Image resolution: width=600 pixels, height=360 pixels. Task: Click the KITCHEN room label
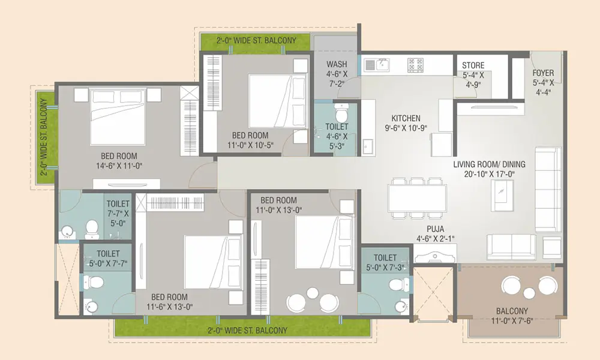coord(406,118)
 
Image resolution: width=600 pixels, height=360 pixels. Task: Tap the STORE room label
coord(473,65)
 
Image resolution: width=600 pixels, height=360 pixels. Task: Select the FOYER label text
coord(543,73)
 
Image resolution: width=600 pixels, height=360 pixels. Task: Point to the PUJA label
coord(436,229)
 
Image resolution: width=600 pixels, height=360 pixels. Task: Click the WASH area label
coord(337,64)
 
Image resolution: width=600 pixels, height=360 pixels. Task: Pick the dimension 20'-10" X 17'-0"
coord(489,174)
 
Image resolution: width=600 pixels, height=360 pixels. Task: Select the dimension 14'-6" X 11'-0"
coord(119,166)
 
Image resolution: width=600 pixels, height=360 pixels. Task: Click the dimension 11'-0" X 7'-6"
coord(512,320)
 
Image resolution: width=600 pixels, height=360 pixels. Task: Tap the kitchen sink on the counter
coord(377,65)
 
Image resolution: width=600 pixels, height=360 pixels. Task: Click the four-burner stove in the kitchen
coord(415,65)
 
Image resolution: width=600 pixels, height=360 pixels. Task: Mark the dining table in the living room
coord(417,198)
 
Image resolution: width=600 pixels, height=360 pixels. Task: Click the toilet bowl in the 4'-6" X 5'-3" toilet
coord(340,112)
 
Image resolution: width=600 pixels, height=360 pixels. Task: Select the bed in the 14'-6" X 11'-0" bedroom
coord(118,116)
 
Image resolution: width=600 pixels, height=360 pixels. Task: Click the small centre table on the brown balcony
coord(529,293)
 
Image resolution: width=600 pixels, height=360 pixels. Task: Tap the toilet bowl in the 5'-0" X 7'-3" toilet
coord(399,284)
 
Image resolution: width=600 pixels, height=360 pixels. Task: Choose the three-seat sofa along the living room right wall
coord(548,190)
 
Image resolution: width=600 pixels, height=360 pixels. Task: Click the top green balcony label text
coord(256,40)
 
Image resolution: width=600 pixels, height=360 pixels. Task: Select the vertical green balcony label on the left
coord(44,137)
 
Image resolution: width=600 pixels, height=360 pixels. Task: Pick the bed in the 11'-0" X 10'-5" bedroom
coord(277,101)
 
